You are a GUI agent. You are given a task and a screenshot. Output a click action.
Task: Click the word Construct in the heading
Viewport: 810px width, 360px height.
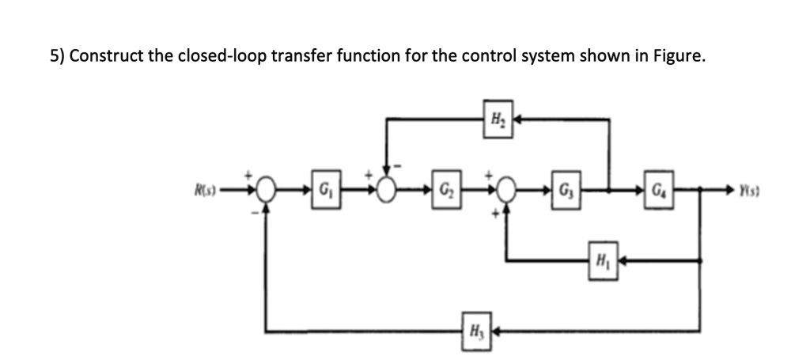pos(101,57)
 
